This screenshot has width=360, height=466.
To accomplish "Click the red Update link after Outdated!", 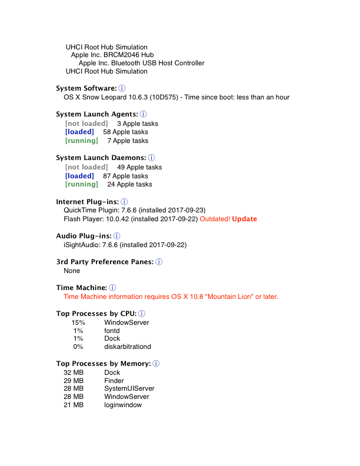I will [245, 219].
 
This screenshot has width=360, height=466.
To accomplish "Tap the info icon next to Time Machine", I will [113, 288].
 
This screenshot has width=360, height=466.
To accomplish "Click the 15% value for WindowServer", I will [78, 322].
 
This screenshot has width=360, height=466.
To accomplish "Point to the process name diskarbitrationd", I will [128, 347].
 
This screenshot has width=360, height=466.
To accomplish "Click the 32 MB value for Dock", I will [74, 372].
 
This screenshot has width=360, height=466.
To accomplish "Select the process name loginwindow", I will [123, 405].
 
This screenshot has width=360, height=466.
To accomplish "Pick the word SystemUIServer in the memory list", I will [129, 389].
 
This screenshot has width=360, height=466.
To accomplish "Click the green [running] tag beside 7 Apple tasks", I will [82, 141].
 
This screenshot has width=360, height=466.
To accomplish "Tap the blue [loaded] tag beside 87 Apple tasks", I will [79, 176].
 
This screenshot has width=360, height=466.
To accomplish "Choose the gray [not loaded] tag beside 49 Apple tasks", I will [86, 167].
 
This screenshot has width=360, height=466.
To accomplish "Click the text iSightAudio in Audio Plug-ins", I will [82, 245].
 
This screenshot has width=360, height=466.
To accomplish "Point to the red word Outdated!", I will [215, 219].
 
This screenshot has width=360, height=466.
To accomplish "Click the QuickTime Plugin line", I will [134, 210].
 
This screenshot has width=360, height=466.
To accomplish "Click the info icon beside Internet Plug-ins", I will [124, 202].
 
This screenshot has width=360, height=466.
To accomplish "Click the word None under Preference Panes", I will [72, 271].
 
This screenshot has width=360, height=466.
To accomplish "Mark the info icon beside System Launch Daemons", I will [151, 158].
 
